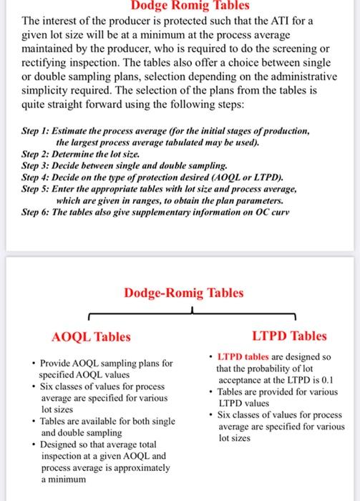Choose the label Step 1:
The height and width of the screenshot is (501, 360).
39,132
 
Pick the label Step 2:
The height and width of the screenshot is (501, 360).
39,153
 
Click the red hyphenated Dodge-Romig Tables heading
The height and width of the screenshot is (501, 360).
183,293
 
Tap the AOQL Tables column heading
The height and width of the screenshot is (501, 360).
92,336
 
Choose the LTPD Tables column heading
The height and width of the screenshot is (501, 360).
289,336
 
